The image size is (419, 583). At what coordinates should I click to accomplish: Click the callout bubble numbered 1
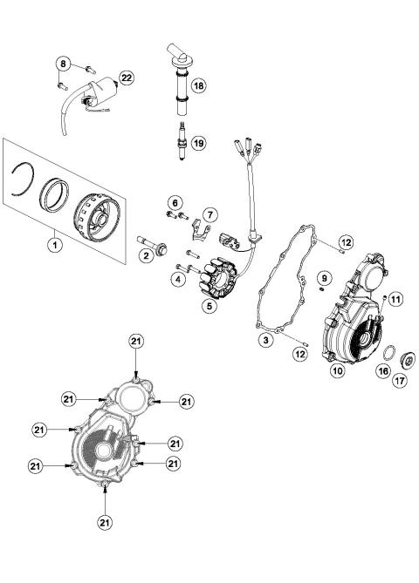click(54, 246)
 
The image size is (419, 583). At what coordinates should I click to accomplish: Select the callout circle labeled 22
click(127, 78)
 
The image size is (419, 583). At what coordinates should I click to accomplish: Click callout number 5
click(209, 306)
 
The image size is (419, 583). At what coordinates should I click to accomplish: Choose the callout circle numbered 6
click(174, 202)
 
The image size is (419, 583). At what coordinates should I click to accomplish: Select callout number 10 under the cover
click(335, 369)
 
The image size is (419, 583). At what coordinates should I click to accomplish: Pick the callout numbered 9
click(324, 278)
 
